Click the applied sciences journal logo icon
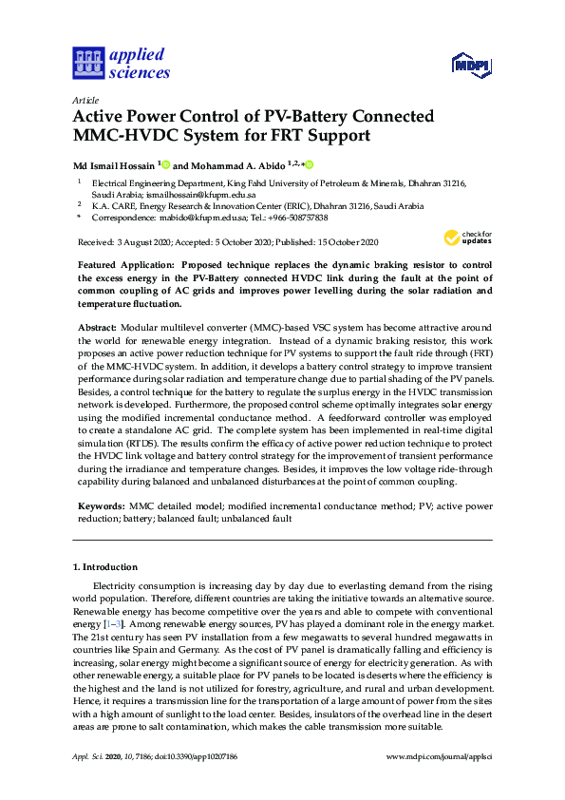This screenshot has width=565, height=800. tap(87, 63)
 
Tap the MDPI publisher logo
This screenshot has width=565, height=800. tap(469, 65)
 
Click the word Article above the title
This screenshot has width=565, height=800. tap(85, 100)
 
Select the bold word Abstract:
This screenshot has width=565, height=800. tap(98, 327)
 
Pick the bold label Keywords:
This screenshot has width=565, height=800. tap(100, 506)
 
